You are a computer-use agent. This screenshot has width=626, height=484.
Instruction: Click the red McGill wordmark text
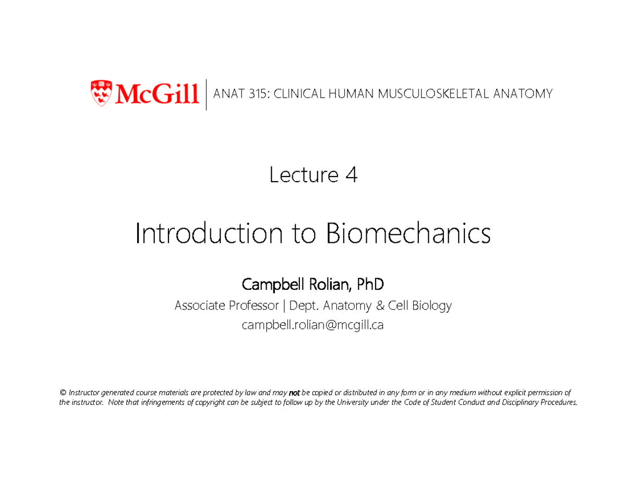click(156, 94)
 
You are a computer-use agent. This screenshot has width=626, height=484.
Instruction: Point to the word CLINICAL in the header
click(298, 94)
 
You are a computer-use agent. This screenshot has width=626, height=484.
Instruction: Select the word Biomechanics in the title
click(408, 234)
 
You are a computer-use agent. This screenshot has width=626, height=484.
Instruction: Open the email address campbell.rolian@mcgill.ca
click(312, 325)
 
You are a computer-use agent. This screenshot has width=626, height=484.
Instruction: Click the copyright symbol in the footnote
click(63, 393)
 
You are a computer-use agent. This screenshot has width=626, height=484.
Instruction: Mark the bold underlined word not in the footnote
click(294, 393)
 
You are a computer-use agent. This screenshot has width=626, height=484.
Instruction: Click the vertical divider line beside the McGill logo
click(207, 95)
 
